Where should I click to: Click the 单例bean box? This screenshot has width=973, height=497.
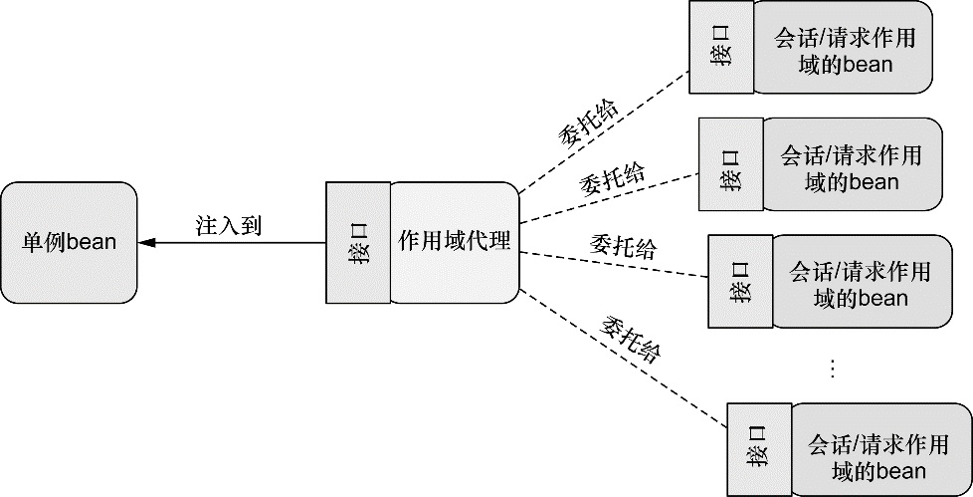pos(69,242)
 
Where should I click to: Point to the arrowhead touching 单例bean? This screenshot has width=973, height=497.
pos(145,243)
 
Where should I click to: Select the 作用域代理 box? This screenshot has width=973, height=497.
pos(454,243)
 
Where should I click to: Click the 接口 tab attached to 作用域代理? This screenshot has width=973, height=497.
pos(358,243)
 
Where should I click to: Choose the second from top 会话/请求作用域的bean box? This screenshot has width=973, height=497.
pos(851,166)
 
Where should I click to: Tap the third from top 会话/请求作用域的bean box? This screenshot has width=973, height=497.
pos(860,282)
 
